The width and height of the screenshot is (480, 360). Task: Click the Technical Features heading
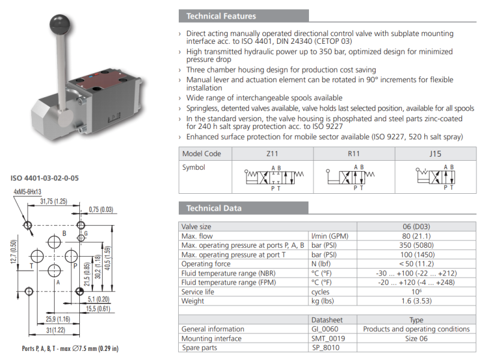pyautogui.click(x=221, y=16)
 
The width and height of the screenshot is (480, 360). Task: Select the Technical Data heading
pyautogui.click(x=214, y=208)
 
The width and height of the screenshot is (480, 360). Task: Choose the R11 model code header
pyautogui.click(x=354, y=154)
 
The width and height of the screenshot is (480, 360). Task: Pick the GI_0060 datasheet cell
pyautogui.click(x=328, y=329)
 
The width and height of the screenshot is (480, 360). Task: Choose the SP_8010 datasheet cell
pyautogui.click(x=328, y=347)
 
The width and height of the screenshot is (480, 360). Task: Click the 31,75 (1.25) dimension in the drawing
pyautogui.click(x=53, y=202)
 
